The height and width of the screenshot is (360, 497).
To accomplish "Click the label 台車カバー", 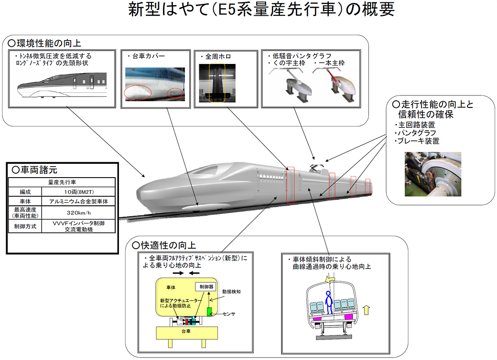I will (x=146, y=56).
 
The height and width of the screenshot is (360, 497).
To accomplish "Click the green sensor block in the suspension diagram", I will (x=210, y=311).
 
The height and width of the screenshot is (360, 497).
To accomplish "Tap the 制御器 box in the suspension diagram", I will (x=205, y=287).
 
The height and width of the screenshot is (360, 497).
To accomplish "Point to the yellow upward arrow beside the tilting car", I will (x=367, y=311).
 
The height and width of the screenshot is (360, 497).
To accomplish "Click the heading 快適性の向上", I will (x=165, y=245).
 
